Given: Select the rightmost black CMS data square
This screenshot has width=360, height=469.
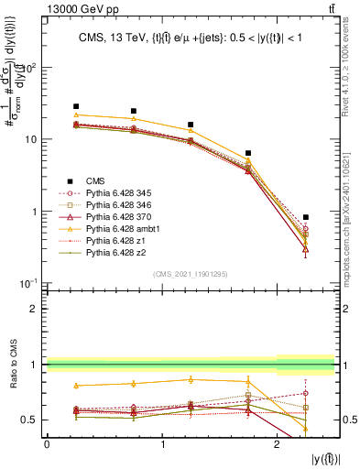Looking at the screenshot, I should coord(306,217).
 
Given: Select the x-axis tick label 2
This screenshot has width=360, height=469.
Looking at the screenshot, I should coord(277,444).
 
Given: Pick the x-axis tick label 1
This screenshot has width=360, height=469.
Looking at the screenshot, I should coord(162,444).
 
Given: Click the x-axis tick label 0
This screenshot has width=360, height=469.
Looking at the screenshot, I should coord(48,444).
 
